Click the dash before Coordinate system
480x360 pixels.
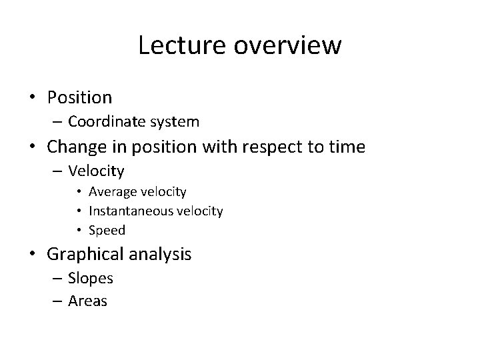click(x=57, y=122)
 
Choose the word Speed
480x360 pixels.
click(x=108, y=230)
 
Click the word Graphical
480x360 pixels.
click(x=86, y=254)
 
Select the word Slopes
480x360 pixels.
click(x=90, y=278)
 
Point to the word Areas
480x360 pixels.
click(x=87, y=301)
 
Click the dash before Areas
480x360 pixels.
click(x=57, y=301)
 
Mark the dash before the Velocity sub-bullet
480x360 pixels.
click(x=57, y=171)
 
